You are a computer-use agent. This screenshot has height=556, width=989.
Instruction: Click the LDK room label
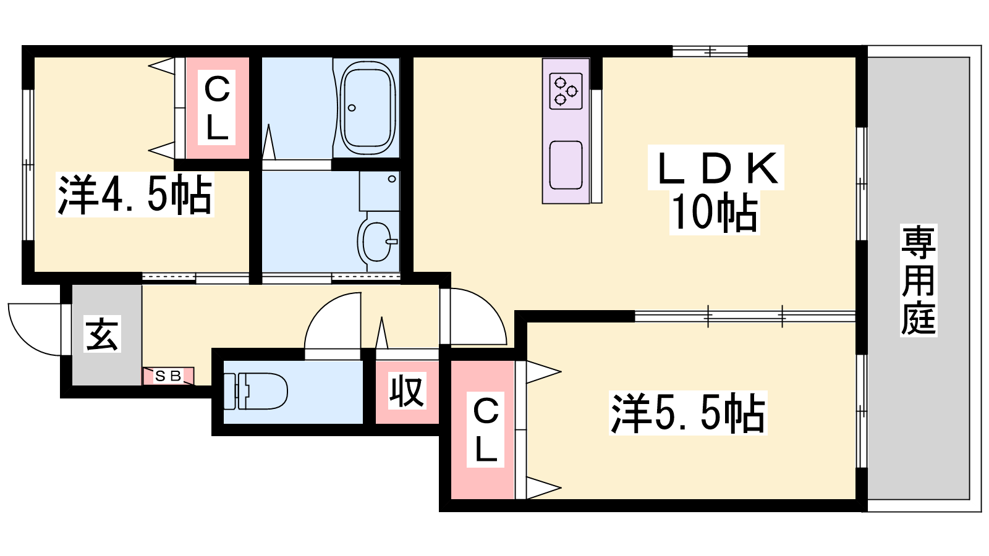click(716, 167)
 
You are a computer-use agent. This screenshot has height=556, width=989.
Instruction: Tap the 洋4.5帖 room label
click(135, 195)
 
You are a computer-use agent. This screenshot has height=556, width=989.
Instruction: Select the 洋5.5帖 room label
click(688, 413)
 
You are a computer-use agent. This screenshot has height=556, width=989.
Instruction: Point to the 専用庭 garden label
click(919, 280)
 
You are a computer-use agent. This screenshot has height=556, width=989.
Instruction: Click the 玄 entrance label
click(102, 334)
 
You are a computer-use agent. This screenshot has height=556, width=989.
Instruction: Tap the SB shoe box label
click(168, 376)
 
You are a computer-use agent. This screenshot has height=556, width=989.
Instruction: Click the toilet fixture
click(256, 391)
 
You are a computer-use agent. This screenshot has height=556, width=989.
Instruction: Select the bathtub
click(367, 107)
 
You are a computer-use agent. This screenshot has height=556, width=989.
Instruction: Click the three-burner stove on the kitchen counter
click(566, 91)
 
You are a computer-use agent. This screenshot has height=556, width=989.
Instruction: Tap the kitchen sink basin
click(566, 165)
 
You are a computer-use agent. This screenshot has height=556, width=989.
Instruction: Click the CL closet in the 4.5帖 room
click(217, 108)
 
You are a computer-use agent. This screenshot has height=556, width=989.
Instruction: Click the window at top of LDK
click(710, 51)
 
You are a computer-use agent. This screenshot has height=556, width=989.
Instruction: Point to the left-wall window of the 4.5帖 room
click(28, 165)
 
